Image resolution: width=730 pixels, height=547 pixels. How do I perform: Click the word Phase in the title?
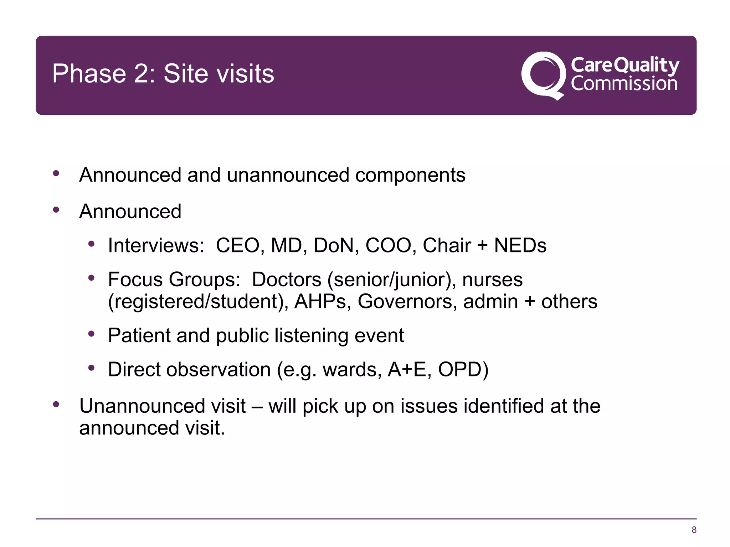pos(89,74)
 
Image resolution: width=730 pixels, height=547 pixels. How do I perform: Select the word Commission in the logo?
pos(624,84)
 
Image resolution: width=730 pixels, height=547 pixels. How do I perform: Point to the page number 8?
pos(694,530)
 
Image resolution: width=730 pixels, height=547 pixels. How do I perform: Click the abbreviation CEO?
pos(238,245)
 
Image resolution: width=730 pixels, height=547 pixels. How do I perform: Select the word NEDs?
pos(520,245)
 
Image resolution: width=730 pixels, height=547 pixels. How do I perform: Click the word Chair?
pos(447,245)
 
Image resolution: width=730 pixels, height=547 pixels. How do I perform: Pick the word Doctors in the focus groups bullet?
pos(287,280)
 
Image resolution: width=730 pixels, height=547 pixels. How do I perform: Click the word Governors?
pos(407,302)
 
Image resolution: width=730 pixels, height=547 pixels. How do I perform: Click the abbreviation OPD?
pos(463,369)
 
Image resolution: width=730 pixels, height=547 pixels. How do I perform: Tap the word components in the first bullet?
pos(410,175)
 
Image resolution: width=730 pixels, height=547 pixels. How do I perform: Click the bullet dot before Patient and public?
pos(92,334)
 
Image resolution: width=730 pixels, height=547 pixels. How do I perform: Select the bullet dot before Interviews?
pos(92,244)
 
